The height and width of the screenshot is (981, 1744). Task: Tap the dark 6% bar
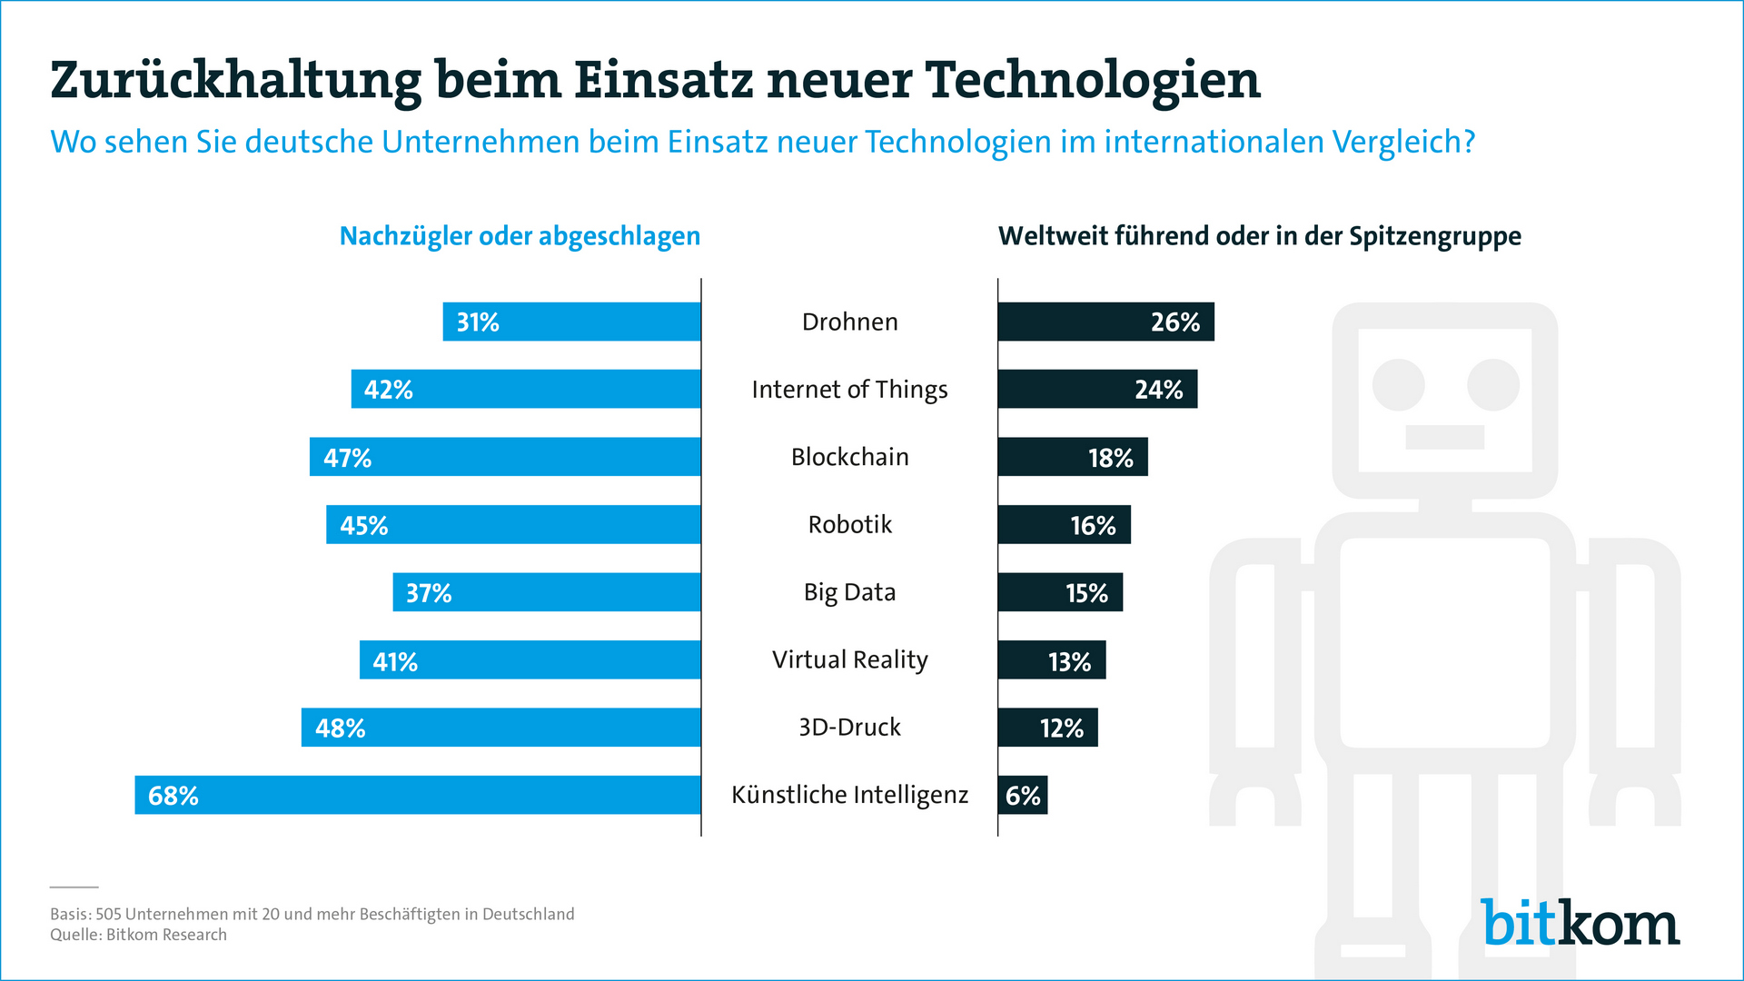click(x=1022, y=795)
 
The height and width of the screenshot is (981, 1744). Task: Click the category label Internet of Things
click(x=849, y=390)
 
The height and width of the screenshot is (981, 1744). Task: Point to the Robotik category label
click(x=849, y=525)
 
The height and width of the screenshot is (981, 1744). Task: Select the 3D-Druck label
click(x=849, y=728)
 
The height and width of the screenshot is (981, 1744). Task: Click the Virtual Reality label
click(x=849, y=660)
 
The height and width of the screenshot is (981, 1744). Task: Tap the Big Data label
click(x=849, y=592)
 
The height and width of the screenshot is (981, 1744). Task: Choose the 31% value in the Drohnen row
click(x=478, y=322)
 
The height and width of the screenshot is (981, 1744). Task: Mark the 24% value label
click(x=1158, y=390)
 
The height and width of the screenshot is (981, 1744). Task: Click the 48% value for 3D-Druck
click(x=341, y=728)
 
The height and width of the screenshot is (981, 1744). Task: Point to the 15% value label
click(x=1086, y=593)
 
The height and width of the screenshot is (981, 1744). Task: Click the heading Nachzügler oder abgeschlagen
click(x=520, y=236)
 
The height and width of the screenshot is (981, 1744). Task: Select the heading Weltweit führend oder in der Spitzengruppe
click(x=1259, y=236)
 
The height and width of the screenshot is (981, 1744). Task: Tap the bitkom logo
click(x=1580, y=924)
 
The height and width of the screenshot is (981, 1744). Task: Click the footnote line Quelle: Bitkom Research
click(x=138, y=935)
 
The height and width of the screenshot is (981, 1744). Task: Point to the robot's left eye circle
click(x=1398, y=385)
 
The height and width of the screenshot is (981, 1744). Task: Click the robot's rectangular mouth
click(x=1444, y=437)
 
